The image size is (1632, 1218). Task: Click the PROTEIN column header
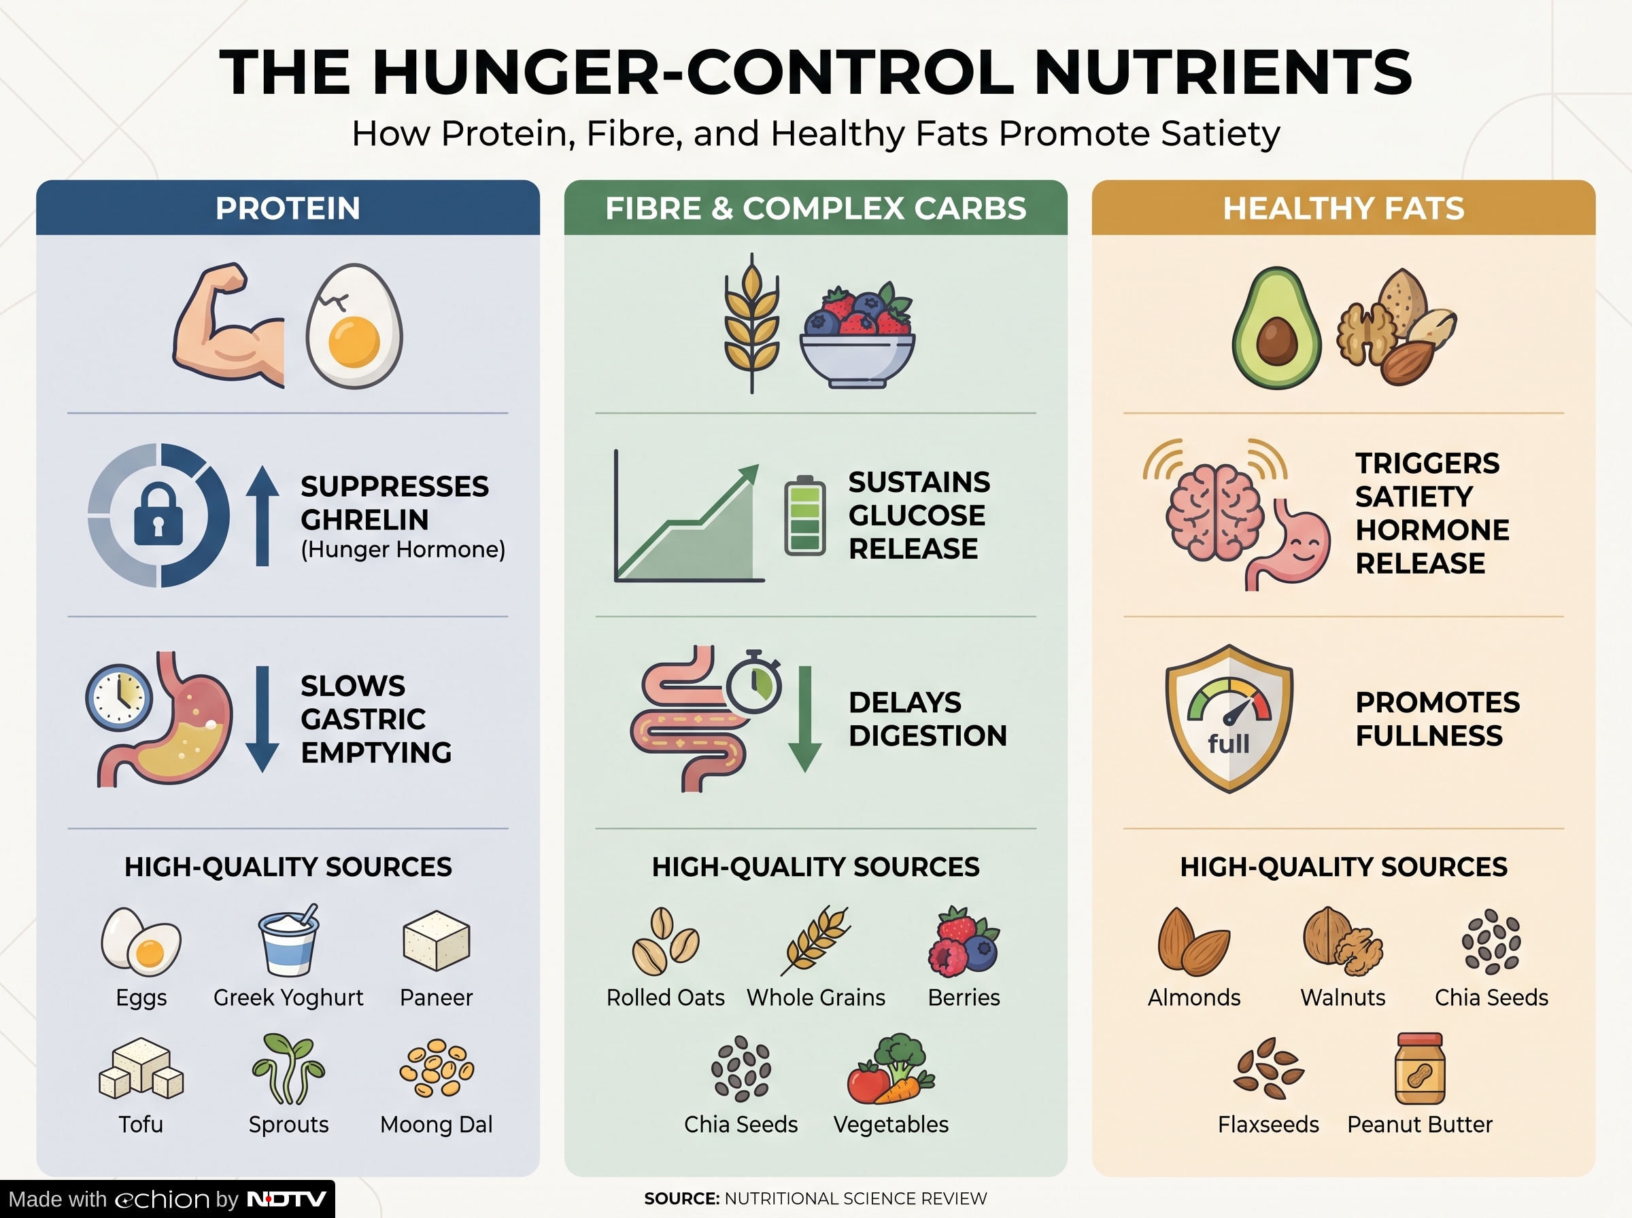point(288,209)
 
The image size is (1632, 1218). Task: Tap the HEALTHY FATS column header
point(1343,209)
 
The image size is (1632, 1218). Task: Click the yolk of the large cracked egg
point(354,341)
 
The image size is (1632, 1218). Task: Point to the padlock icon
point(158,514)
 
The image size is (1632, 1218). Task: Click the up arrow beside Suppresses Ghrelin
point(262,516)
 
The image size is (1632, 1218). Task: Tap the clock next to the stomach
point(119,697)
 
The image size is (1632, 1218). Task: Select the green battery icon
point(804,515)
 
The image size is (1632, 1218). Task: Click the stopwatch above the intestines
point(753,682)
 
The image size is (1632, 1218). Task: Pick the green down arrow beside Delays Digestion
point(805,719)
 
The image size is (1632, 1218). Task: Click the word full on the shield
point(1229,743)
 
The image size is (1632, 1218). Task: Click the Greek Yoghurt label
point(288,998)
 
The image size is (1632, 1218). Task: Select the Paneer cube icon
point(437,940)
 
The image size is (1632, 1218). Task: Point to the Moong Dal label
point(437,1124)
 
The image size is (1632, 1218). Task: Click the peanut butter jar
point(1420,1068)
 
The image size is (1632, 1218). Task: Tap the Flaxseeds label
point(1268,1124)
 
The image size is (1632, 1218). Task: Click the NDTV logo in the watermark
point(286,1200)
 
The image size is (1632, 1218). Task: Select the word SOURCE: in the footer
point(682,1199)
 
